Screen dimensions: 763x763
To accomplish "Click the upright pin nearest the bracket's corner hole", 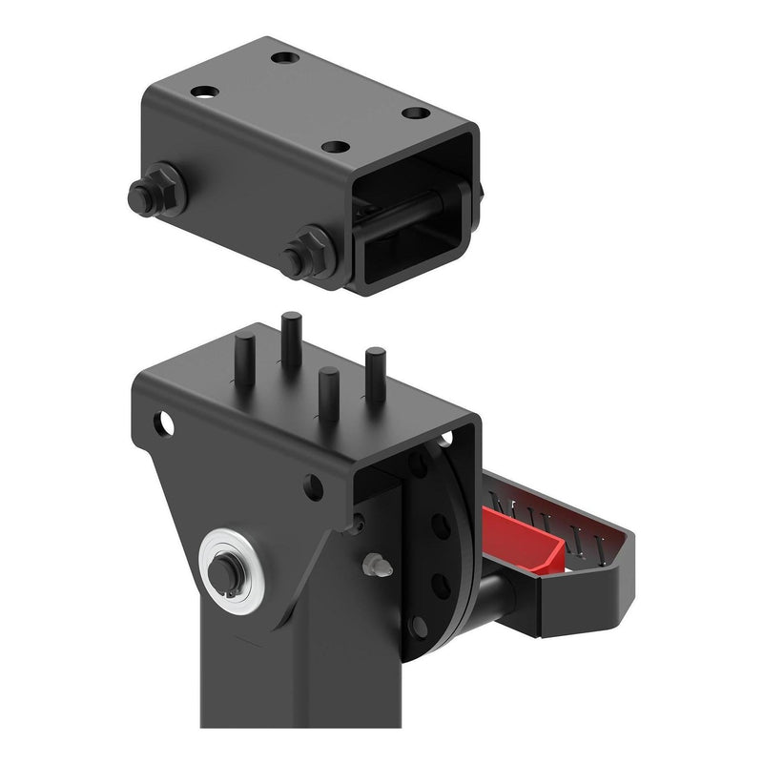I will [244, 359].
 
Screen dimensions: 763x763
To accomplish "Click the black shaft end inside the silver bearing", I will [226, 570].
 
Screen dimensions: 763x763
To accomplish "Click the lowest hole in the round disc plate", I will [420, 625].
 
